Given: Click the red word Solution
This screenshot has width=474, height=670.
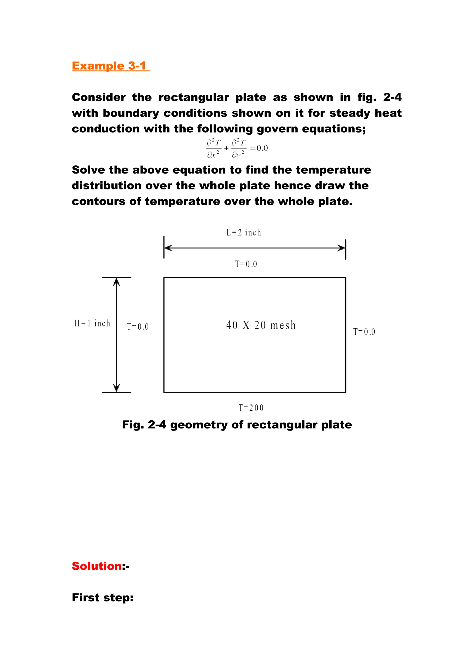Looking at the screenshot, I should (x=97, y=566).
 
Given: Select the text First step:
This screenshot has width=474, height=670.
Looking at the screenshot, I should (x=103, y=597).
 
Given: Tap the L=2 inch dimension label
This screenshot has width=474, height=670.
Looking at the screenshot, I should (x=243, y=233).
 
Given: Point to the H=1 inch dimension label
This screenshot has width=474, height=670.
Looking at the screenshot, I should (x=92, y=323).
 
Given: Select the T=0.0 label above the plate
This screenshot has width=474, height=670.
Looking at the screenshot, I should (x=246, y=264).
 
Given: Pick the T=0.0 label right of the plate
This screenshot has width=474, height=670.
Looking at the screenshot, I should (x=364, y=332).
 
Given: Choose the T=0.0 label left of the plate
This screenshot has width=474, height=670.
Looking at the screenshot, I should (x=137, y=326).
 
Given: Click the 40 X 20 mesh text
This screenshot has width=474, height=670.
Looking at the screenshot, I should (x=261, y=325).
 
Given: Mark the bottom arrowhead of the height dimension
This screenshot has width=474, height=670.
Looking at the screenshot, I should (x=116, y=388).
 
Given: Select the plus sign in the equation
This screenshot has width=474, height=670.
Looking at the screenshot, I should (x=226, y=149).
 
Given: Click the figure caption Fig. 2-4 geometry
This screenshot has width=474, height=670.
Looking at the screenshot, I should (x=237, y=425).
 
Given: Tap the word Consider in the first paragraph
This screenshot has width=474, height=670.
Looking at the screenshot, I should (x=99, y=97).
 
